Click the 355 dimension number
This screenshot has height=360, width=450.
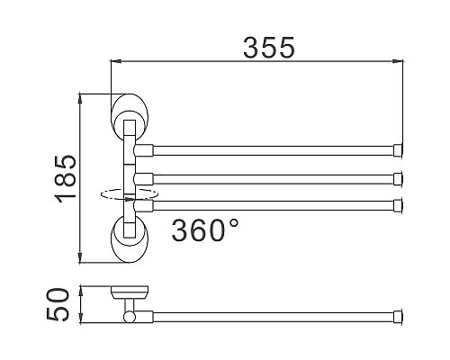coord(269,48)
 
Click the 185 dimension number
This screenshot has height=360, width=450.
coord(66,179)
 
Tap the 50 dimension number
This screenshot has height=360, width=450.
coord(58,304)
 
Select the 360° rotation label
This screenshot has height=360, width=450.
coord(205,230)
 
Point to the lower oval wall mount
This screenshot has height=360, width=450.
coord(130,238)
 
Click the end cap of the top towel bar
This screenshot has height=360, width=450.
coord(398,150)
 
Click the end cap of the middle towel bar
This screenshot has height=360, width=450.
coord(398,178)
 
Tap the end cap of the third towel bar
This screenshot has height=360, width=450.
coord(398,205)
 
